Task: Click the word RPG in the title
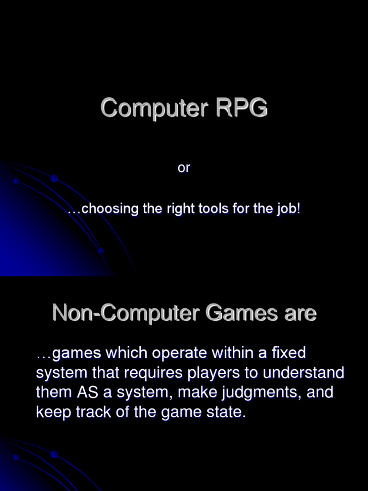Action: tap(241, 107)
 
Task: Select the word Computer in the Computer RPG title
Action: tap(154, 108)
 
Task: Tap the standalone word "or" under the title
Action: tap(184, 168)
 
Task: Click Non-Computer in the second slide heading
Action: tap(126, 313)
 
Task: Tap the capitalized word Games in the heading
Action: tap(241, 313)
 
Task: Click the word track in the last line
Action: tap(93, 412)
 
